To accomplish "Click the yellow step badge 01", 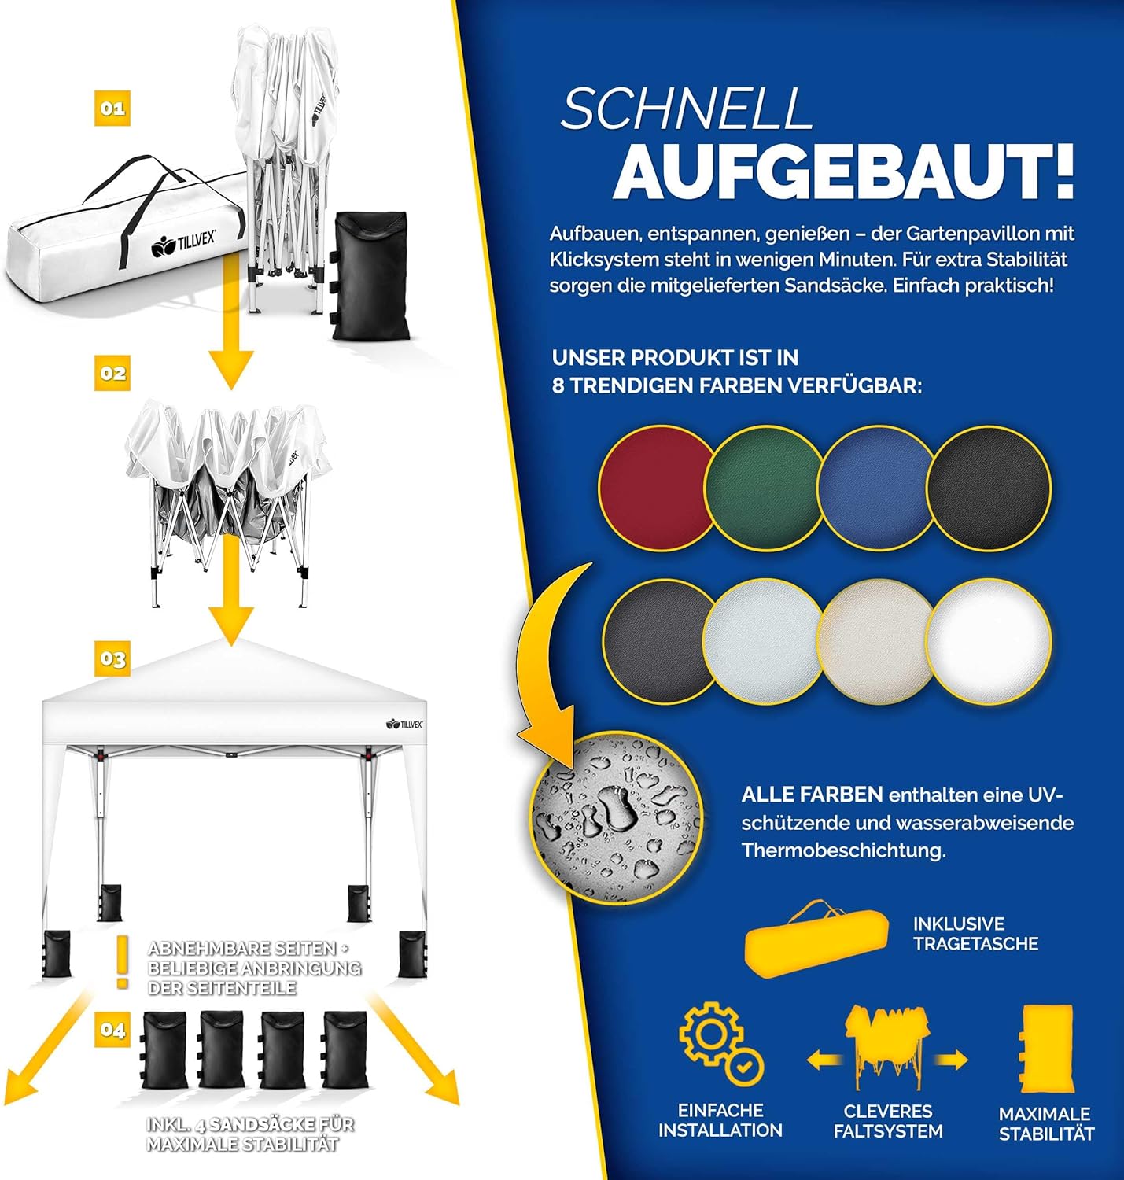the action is [x=112, y=109].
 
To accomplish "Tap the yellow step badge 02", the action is [x=112, y=374].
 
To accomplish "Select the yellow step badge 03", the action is [x=112, y=659].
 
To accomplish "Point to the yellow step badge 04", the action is [x=112, y=1030].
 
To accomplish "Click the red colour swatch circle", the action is [x=657, y=488].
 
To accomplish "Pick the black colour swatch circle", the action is [x=989, y=488].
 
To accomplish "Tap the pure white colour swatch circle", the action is [x=989, y=641].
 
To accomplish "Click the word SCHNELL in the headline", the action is [x=686, y=108].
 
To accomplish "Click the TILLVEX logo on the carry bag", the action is [x=183, y=243].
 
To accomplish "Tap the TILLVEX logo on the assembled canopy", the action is [x=404, y=724].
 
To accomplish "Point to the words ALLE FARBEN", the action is [x=812, y=795].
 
